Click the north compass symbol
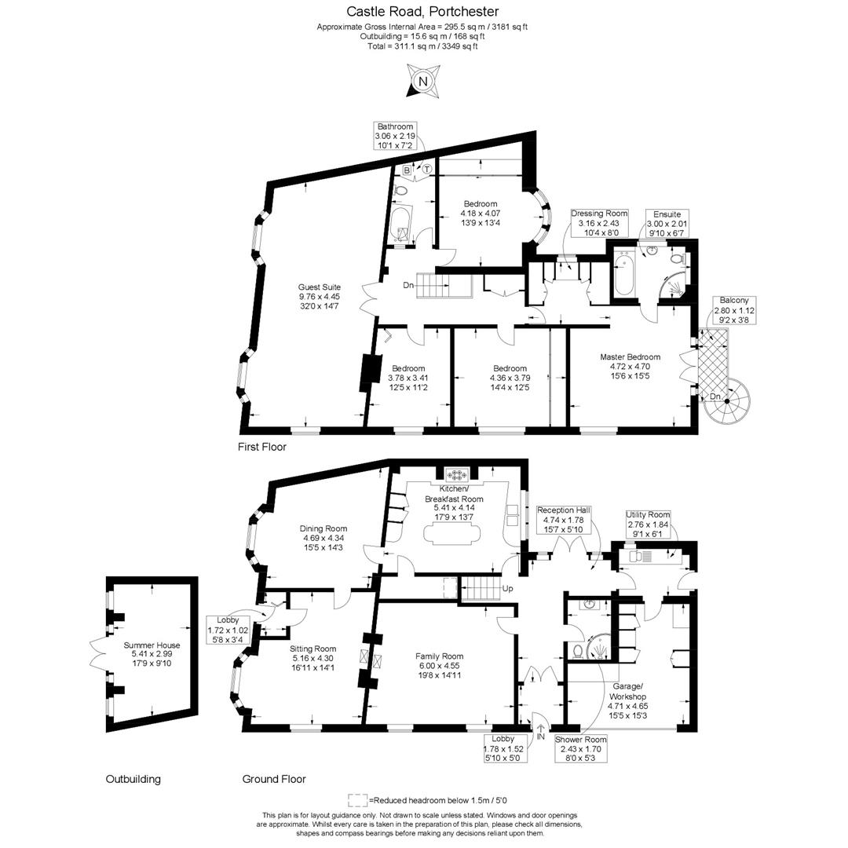click(423, 82)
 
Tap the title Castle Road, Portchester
click(422, 12)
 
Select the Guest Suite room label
click(319, 296)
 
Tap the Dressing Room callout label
click(599, 223)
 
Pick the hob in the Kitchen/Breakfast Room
click(455, 473)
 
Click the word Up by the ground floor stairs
click(507, 588)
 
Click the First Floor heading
click(262, 447)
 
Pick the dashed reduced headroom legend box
click(357, 800)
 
